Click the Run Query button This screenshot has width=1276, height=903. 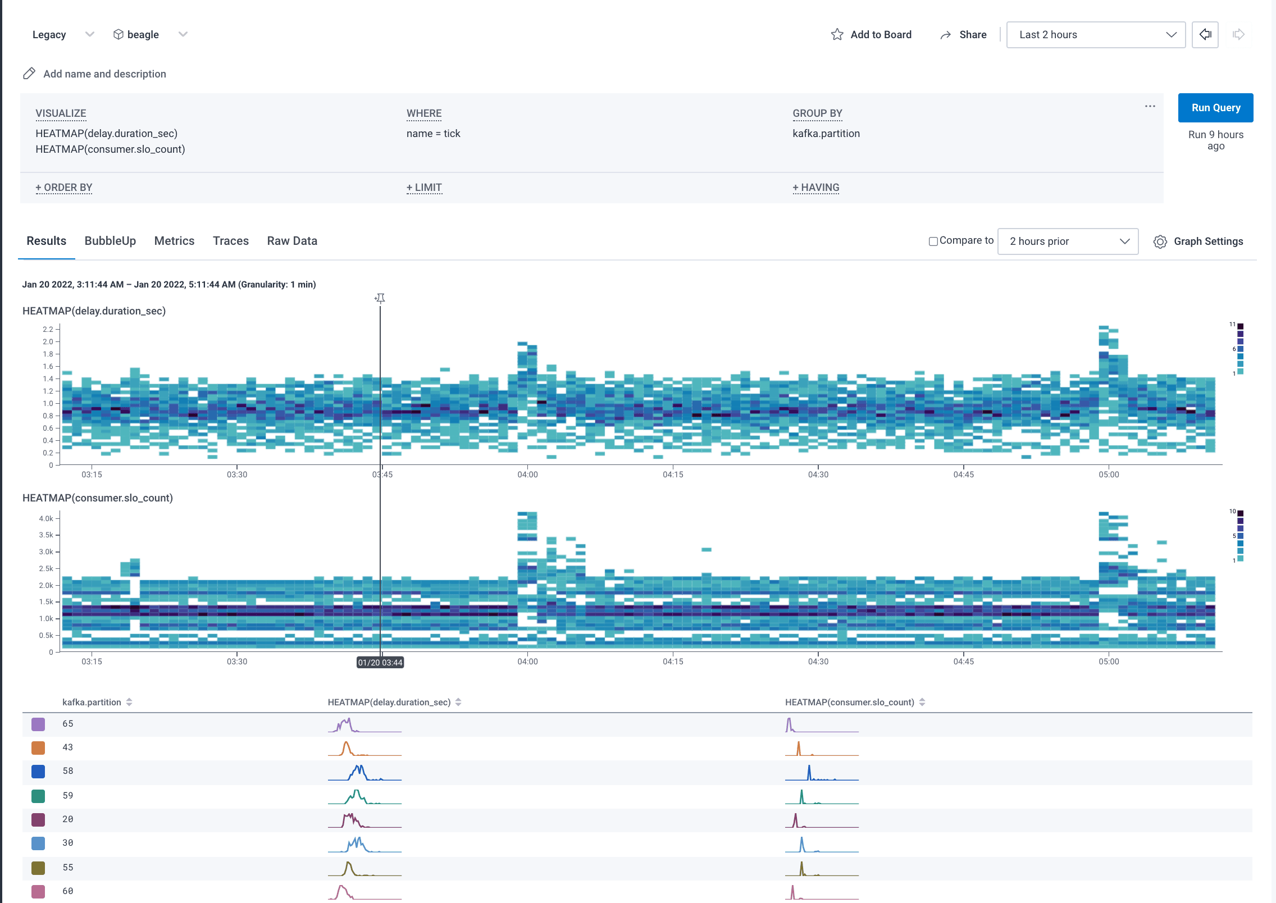coord(1215,107)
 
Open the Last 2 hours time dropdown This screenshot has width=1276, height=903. coord(1095,35)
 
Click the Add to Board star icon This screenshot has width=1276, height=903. coord(837,35)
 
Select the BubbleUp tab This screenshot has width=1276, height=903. coord(110,241)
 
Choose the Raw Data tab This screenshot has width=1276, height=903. coord(292,241)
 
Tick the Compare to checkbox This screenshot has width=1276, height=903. coord(933,241)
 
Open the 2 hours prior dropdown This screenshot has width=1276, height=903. coord(1067,241)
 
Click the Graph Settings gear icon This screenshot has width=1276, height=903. coord(1160,241)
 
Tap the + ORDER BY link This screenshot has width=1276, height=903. coord(63,188)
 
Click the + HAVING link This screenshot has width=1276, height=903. coord(815,188)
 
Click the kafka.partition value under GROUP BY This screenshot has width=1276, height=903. coord(826,134)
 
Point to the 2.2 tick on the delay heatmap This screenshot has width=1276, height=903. coord(48,329)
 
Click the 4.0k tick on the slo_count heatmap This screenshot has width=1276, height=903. coord(46,518)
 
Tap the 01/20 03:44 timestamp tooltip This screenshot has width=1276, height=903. coord(380,663)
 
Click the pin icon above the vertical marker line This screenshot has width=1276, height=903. coord(380,298)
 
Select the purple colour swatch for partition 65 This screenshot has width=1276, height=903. coord(38,724)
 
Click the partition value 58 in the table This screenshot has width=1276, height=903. coord(68,771)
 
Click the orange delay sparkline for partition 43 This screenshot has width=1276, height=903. coord(364,748)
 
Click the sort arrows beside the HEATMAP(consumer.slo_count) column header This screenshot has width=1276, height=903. coord(922,703)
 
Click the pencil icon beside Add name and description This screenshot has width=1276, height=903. coord(29,74)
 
